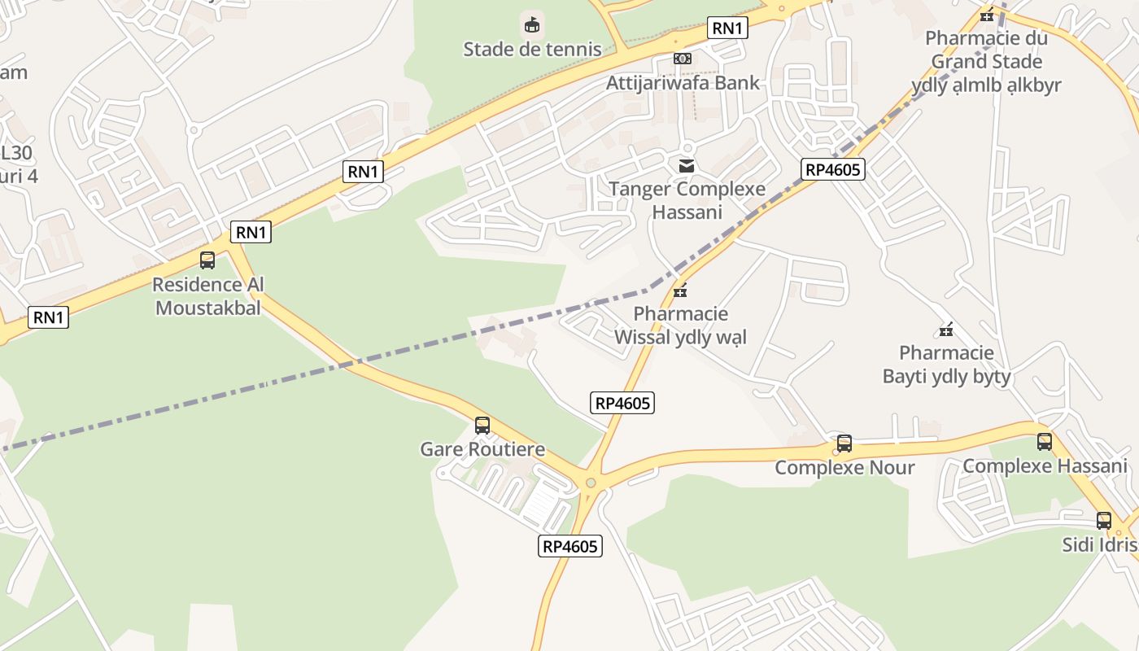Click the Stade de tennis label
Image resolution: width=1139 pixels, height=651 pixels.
(532, 49)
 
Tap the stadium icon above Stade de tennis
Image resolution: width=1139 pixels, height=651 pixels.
(532, 25)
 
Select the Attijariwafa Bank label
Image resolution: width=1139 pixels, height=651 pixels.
(683, 82)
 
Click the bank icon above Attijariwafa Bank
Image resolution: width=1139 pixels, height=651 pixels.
(683, 59)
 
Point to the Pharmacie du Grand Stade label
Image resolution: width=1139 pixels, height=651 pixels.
(986, 61)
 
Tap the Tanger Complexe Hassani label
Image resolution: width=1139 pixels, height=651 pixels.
(687, 200)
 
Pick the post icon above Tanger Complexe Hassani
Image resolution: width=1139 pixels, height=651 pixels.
(687, 166)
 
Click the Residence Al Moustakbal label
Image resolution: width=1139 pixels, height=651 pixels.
(208, 296)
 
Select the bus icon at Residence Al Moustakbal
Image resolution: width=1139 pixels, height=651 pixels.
(207, 260)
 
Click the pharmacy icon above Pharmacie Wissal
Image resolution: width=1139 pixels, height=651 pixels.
(680, 291)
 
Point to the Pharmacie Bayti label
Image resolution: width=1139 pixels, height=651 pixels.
(946, 364)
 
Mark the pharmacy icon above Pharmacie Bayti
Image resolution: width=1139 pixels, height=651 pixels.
(946, 330)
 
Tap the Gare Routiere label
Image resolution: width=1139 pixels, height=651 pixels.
(482, 449)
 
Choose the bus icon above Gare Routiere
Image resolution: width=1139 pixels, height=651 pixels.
(482, 426)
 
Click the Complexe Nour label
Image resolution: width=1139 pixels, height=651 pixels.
(844, 467)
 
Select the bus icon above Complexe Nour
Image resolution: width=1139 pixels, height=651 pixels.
(844, 443)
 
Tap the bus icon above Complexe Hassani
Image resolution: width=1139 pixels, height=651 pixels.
(1045, 442)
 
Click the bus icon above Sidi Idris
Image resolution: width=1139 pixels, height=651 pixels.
(1104, 521)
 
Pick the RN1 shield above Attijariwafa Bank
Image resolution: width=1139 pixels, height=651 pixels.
(727, 28)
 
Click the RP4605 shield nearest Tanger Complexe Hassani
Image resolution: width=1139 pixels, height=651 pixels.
(832, 169)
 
